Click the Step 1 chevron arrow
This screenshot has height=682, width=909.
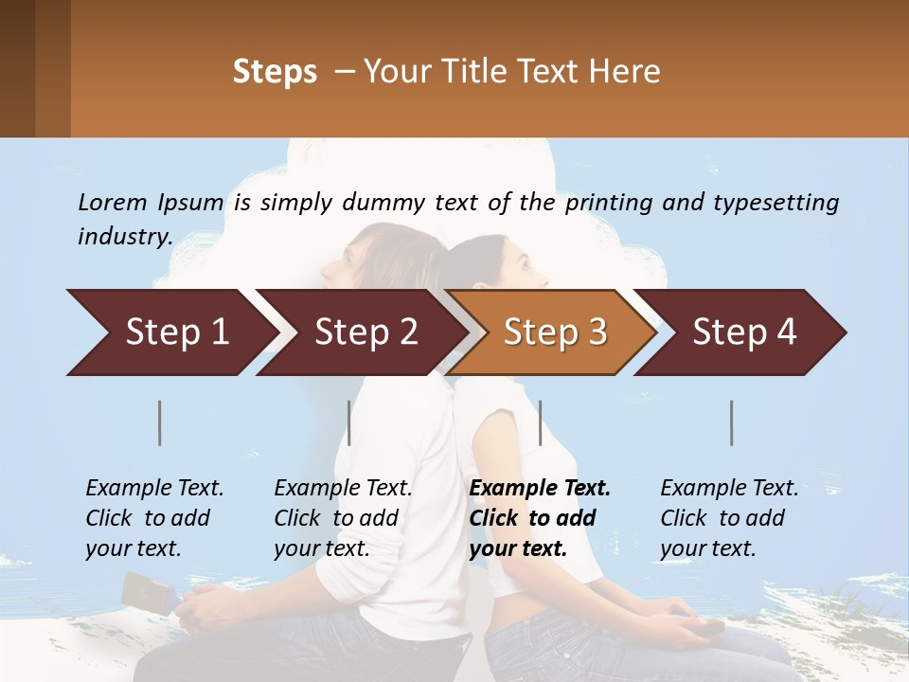tap(170, 332)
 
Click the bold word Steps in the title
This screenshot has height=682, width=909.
tap(275, 71)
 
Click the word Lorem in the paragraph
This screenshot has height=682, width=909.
tap(113, 202)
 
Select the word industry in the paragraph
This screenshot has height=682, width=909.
tap(123, 236)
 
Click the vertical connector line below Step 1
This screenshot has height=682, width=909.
tap(160, 422)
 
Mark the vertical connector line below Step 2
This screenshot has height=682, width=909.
tap(349, 422)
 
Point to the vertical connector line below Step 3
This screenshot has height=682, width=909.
tap(540, 422)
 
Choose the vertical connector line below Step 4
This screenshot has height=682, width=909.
tap(731, 422)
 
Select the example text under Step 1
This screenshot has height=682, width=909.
tap(153, 518)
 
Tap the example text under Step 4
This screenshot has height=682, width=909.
tap(728, 518)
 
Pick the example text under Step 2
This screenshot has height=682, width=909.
tap(342, 518)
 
